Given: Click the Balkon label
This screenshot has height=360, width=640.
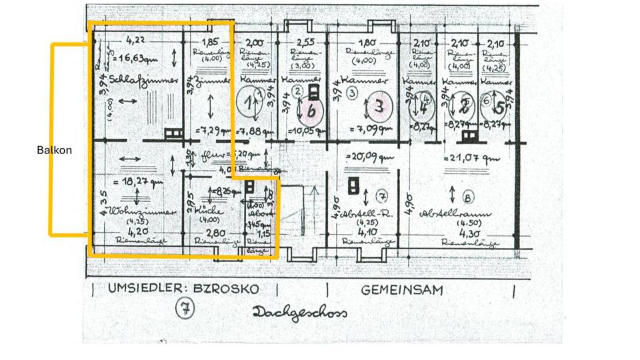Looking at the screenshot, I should [55, 151].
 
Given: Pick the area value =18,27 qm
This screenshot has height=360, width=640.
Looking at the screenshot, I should [142, 181].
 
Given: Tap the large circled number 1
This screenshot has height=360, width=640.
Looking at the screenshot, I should [249, 104].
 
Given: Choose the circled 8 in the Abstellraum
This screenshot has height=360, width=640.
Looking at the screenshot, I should [467, 197].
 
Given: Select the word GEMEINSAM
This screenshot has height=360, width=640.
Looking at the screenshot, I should [403, 290].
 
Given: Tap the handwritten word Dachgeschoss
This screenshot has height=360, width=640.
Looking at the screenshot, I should [300, 313].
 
